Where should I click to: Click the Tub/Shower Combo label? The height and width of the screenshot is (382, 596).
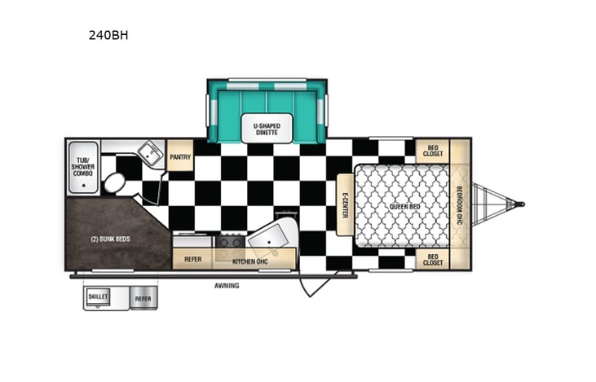[82, 166]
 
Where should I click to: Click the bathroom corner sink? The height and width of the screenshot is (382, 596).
[148, 152]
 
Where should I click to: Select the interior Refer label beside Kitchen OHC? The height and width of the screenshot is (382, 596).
[193, 259]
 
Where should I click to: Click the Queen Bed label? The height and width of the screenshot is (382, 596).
[404, 206]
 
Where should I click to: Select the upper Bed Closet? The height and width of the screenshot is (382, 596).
[433, 151]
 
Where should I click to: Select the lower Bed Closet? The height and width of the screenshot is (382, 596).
[433, 260]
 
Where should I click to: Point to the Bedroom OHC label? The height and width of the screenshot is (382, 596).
[460, 205]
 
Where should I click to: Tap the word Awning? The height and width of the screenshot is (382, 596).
[227, 285]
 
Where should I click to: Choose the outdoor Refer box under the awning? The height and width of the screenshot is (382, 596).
[143, 299]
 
